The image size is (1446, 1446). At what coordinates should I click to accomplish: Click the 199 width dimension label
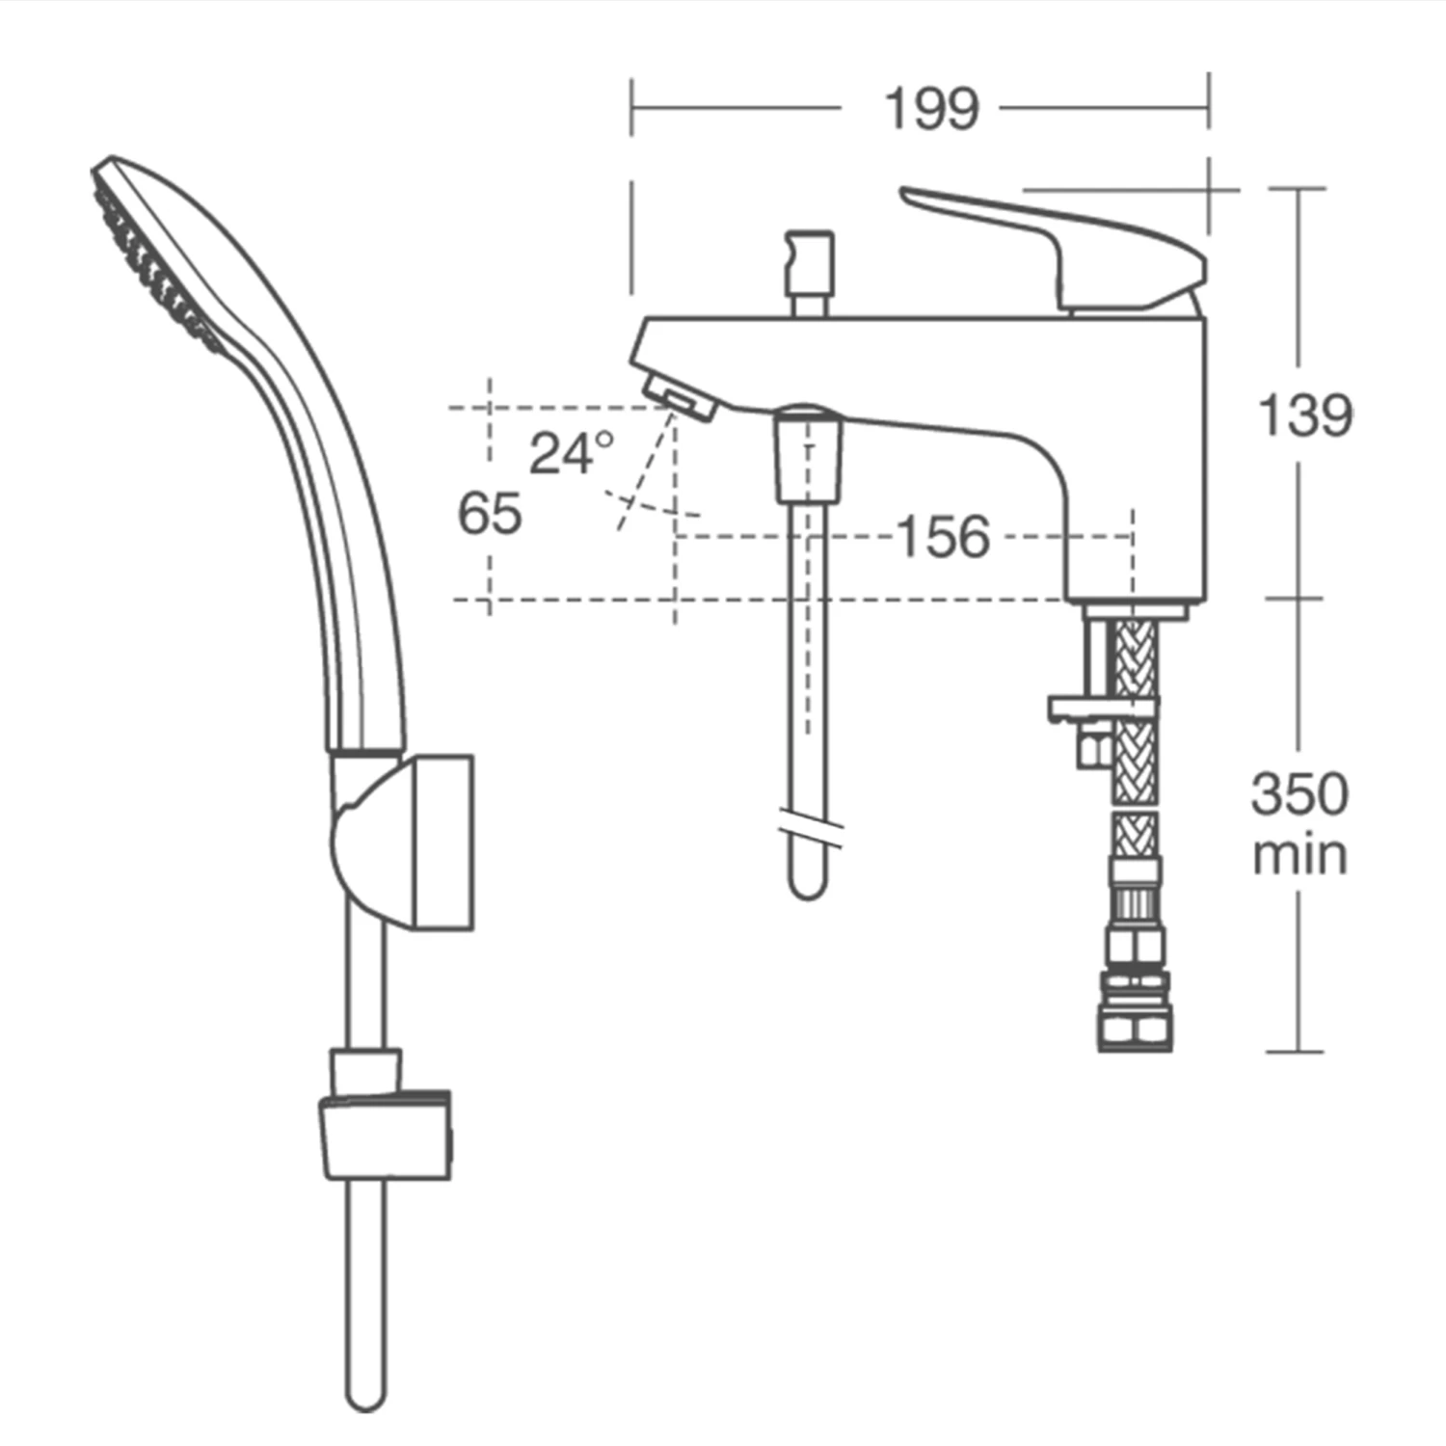[931, 109]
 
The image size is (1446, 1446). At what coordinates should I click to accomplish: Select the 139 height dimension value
[1305, 415]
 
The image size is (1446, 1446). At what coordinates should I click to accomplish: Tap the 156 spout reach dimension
[943, 537]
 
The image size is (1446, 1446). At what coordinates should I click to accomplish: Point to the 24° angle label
[571, 452]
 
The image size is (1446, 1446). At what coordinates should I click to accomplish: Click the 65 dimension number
[490, 513]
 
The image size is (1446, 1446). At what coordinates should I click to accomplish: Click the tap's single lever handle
[1060, 241]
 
